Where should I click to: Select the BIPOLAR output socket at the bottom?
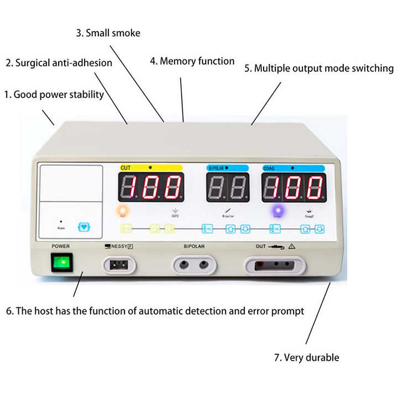[193, 265]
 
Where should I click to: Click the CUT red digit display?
[151, 187]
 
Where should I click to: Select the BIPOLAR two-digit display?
[228, 187]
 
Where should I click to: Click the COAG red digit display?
[293, 187]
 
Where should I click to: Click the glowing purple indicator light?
[277, 211]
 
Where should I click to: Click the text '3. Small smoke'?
[108, 33]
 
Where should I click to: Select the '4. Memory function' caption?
[192, 61]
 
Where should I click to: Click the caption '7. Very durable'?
[306, 357]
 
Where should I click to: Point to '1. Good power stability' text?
[54, 95]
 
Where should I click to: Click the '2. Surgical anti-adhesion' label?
[59, 62]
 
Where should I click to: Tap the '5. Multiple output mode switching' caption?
[319, 69]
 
